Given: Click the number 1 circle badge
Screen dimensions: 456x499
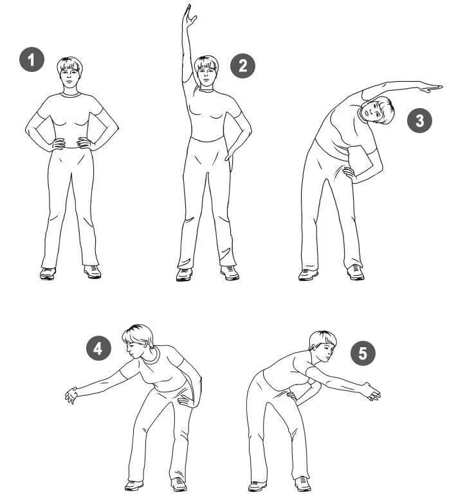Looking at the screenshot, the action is click(32, 60).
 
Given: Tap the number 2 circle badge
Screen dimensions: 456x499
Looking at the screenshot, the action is click(243, 66).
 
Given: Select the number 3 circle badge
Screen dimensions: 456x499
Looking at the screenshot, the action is click(420, 120).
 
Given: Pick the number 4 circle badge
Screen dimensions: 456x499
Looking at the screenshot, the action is click(98, 348).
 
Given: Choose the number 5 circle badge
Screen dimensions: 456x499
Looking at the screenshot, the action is click(363, 353).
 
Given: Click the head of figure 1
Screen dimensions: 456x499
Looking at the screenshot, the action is click(69, 72).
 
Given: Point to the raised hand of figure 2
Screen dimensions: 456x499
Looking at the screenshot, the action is click(189, 16).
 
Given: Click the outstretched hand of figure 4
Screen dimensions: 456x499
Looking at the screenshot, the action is click(71, 395).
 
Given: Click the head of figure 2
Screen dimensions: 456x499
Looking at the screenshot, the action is click(207, 71).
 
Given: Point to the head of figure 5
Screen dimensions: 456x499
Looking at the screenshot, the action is click(322, 346).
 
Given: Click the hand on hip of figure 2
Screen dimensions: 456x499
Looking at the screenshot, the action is click(230, 154).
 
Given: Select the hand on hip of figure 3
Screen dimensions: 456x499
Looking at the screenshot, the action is click(349, 174).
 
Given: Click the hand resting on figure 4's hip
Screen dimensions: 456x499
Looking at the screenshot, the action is click(184, 401).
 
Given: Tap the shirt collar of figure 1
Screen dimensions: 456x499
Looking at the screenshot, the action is click(70, 94).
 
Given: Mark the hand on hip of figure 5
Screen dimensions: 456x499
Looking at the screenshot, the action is click(291, 396).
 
